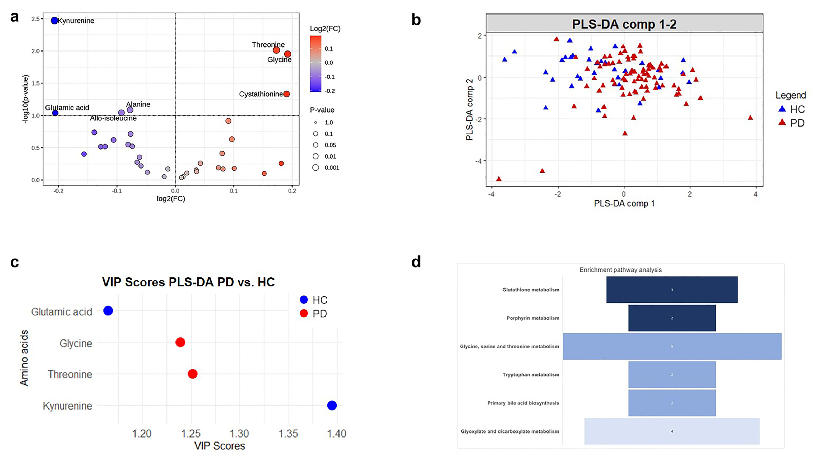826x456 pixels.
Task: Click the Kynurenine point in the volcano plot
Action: [x=54, y=21]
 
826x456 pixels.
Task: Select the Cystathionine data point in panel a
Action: [x=286, y=94]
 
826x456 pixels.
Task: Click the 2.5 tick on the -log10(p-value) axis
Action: [x=35, y=19]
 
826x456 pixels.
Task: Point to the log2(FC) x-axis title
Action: [x=171, y=199]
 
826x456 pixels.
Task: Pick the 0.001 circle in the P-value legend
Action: [x=316, y=167]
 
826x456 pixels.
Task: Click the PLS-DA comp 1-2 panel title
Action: [x=624, y=24]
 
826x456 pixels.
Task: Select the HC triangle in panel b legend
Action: [x=782, y=109]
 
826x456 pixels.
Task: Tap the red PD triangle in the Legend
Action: [x=782, y=123]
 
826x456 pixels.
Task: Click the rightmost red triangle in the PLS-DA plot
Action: [x=750, y=118]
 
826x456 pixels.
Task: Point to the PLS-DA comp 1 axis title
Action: [x=624, y=203]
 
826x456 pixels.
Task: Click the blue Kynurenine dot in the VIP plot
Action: [x=332, y=405]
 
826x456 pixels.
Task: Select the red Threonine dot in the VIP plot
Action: [x=192, y=374]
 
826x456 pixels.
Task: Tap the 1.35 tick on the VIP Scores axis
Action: [x=288, y=434]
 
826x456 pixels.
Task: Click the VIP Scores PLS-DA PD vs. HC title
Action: [x=188, y=282]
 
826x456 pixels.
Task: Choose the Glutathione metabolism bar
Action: [x=672, y=290]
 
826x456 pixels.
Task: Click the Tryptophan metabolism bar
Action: [x=672, y=375]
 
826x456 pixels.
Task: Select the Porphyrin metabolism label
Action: [x=533, y=318]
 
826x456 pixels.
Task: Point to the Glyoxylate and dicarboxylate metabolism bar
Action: [x=672, y=431]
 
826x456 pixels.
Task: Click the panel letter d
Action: [x=416, y=262]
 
